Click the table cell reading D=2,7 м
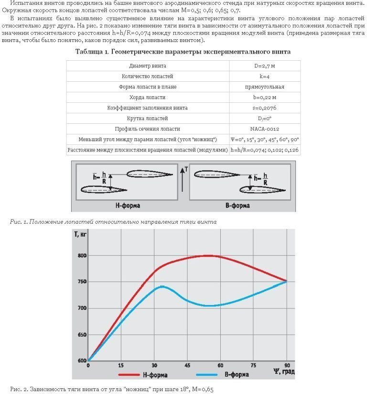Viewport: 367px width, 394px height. (264, 66)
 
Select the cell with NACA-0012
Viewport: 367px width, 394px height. (264, 129)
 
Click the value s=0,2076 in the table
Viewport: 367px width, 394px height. (264, 108)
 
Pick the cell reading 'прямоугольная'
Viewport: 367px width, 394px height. (264, 87)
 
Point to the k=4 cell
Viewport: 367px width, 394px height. (264, 76)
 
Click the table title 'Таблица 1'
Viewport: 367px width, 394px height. (183, 51)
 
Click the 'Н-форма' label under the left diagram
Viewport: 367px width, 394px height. (128, 206)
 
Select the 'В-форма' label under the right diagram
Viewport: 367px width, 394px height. (237, 206)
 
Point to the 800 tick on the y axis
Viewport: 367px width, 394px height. (81, 255)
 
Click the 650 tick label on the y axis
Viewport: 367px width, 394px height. (81, 335)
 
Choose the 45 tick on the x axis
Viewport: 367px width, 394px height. (188, 365)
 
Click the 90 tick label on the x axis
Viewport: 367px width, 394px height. (287, 365)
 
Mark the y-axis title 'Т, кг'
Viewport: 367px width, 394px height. (81, 234)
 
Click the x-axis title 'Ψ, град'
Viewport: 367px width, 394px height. (283, 372)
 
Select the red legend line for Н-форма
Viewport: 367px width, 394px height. (128, 374)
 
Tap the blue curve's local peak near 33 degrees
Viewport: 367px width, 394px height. (162, 286)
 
